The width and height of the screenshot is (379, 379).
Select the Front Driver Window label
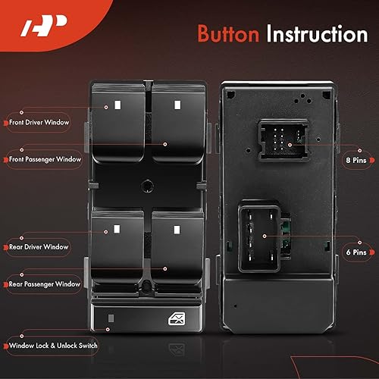pyautogui.click(x=40, y=121)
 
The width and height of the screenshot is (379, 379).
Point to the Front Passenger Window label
pyautogui.click(x=45, y=159)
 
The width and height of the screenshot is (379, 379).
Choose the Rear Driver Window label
pyautogui.click(x=39, y=247)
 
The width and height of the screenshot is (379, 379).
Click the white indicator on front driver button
pyautogui.click(x=118, y=103)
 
